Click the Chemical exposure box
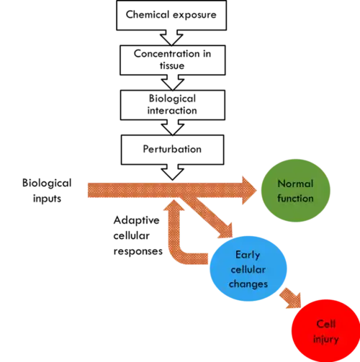tap(171, 15)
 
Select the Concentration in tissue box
tap(173, 60)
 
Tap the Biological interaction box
tap(173, 105)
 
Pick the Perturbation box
tap(173, 150)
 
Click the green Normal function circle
tap(295, 191)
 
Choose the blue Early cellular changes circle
tap(248, 268)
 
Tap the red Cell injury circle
tap(325, 331)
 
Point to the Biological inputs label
tap(47, 191)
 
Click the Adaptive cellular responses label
tap(138, 235)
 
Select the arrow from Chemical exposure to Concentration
tap(171, 38)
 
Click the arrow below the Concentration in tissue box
tap(173, 83)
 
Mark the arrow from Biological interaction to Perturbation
tap(173, 127)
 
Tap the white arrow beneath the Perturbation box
tap(173, 173)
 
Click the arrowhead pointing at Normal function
tap(248, 191)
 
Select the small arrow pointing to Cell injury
tap(291, 298)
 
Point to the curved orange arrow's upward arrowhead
tap(174, 206)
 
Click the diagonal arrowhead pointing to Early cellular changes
tap(226, 231)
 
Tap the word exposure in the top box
tap(194, 15)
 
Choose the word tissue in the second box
tap(172, 65)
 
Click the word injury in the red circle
tap(326, 339)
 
